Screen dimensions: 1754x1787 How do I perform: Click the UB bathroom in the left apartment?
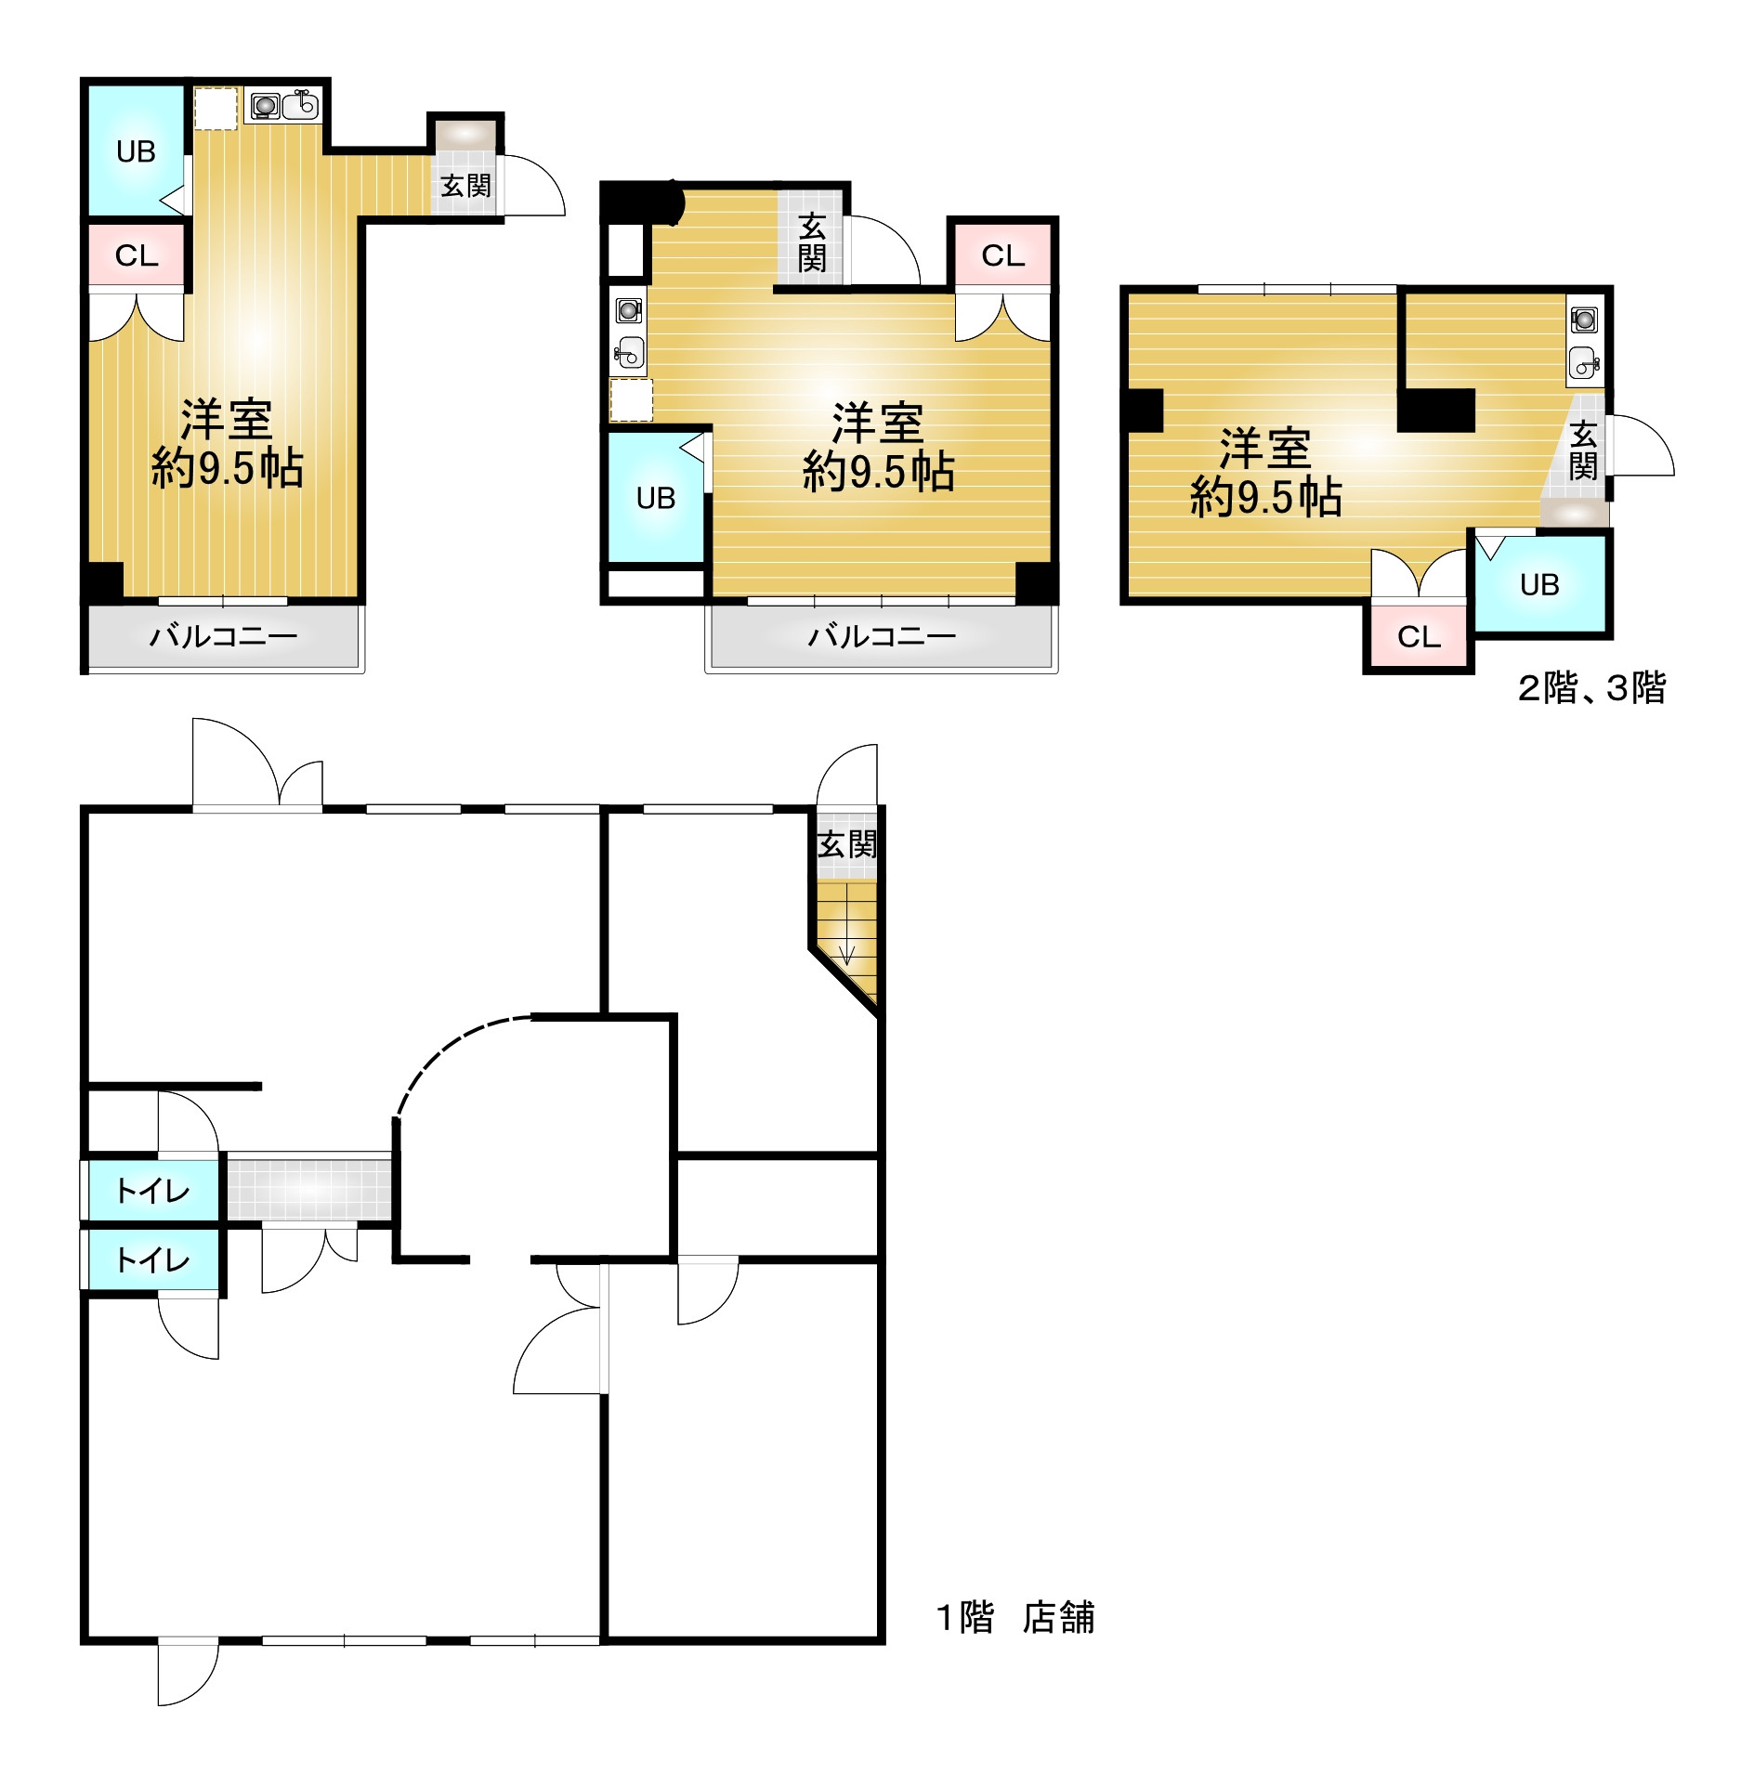(137, 150)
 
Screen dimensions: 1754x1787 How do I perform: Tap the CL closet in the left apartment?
(137, 254)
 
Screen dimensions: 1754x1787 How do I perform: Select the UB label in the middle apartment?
(656, 499)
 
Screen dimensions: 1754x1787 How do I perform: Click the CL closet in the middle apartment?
(1003, 254)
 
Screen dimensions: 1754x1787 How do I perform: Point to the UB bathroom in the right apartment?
(1539, 583)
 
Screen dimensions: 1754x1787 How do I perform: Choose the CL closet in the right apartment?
(1419, 636)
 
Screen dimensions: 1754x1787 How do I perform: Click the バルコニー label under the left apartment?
(224, 636)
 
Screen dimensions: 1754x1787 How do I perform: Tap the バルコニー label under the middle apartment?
(882, 636)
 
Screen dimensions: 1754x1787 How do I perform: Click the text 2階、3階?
(1592, 688)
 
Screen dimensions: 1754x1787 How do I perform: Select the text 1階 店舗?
(1015, 1617)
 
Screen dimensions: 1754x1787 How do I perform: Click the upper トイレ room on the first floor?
(153, 1190)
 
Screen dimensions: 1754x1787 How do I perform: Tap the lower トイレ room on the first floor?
(153, 1259)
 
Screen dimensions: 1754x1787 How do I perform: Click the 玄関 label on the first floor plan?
(846, 844)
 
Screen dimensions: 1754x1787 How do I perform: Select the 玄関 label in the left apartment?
(465, 186)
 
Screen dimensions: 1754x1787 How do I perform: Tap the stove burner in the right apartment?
(1584, 320)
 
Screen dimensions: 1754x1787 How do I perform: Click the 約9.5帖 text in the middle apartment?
(879, 471)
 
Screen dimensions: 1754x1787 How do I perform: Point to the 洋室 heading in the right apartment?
(1265, 449)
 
